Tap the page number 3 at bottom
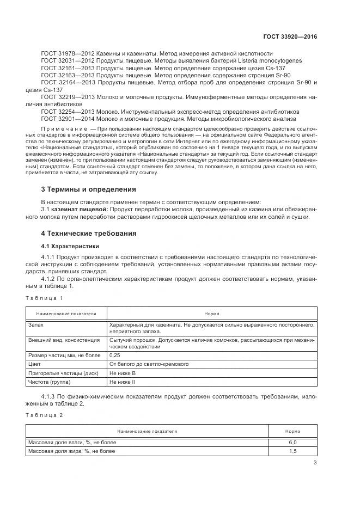pos(315,463)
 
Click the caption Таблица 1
pos(45,298)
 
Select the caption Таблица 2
pos(45,415)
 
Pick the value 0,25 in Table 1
pos(115,354)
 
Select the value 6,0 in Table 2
pos(292,442)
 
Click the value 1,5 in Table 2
pos(292,451)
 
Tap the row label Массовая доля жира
pos(71,451)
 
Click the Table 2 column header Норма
pos(292,431)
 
